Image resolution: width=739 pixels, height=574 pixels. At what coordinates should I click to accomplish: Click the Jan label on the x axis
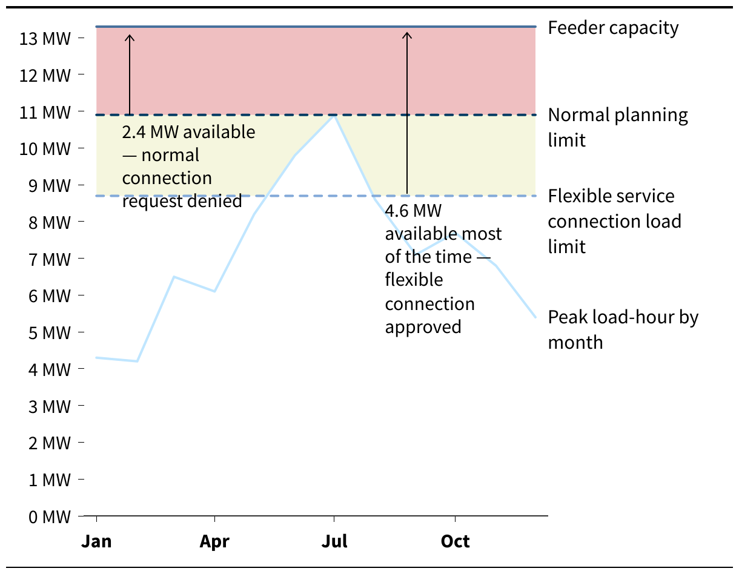[x=96, y=541]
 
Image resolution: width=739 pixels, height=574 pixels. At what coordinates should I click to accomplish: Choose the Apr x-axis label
[x=214, y=541]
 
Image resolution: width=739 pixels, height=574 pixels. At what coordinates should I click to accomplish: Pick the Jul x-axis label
[x=334, y=541]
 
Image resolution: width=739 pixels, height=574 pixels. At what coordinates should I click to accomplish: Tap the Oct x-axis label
[x=455, y=541]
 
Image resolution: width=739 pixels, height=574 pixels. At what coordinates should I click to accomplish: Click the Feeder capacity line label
[x=613, y=28]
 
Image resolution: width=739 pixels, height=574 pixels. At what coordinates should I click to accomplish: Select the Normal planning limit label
[x=618, y=127]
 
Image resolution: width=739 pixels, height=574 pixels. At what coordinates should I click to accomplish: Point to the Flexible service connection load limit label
[x=614, y=221]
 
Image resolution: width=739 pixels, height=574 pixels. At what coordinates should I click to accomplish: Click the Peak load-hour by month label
[x=623, y=329]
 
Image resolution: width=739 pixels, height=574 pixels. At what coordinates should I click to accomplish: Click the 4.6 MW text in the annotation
[x=413, y=211]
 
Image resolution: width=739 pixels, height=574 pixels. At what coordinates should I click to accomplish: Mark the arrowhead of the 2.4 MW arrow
[x=129, y=36]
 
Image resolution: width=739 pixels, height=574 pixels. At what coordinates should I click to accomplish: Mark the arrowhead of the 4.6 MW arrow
[x=407, y=34]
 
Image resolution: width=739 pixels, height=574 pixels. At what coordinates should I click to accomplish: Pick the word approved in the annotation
[x=423, y=327]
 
